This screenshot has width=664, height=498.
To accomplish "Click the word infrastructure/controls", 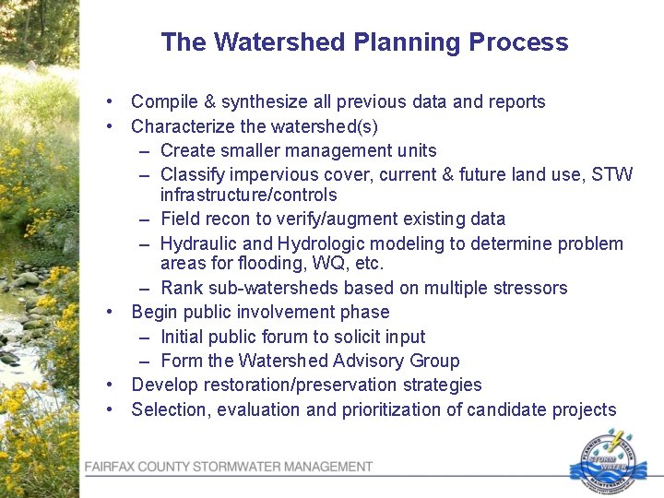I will pyautogui.click(x=248, y=196).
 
